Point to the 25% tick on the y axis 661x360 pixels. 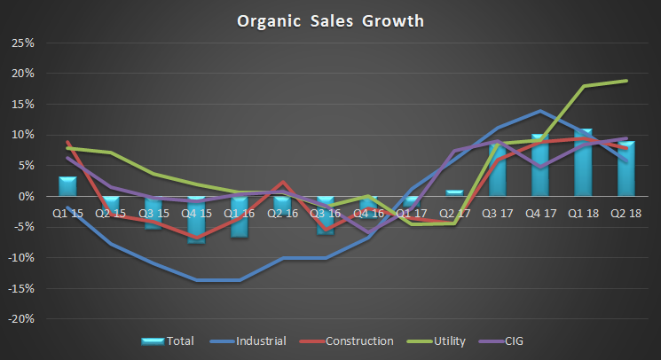coord(23,43)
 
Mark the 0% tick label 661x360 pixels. coord(27,196)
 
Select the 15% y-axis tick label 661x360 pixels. coord(23,104)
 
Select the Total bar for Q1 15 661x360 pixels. coord(68,186)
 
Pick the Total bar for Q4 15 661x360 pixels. coord(197,219)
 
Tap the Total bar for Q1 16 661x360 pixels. coord(240,216)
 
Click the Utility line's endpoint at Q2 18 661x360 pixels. coord(626,81)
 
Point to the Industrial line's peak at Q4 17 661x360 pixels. coord(540,111)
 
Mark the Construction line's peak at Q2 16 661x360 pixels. coord(283,182)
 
